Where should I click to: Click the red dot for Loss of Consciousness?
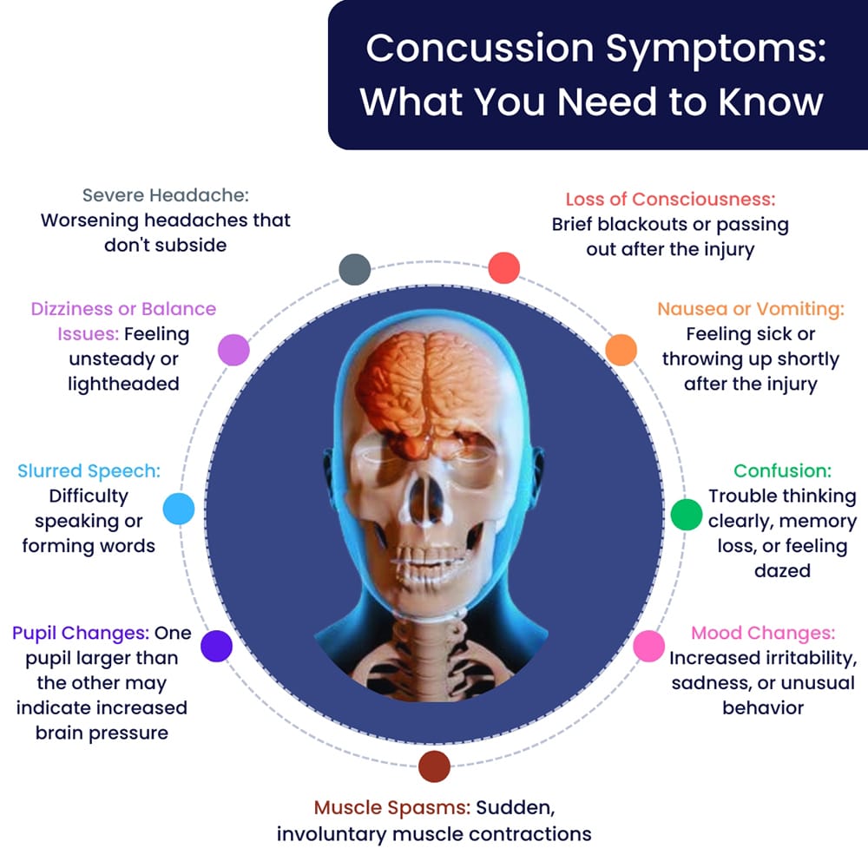pos(504,267)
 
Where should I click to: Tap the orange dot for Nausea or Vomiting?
pos(621,349)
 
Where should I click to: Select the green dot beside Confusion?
pos(686,515)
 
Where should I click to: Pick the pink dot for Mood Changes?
pos(648,647)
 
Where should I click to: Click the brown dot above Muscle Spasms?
pos(434,766)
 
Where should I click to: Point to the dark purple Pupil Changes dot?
pos(216,646)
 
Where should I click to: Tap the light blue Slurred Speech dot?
pos(179,509)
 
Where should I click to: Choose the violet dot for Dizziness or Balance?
pos(233,349)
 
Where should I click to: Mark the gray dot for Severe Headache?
pos(355,269)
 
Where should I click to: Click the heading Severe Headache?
pos(165,195)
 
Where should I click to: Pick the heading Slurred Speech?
pos(89,471)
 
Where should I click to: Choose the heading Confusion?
pos(782,471)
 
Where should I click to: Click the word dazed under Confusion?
pos(782,571)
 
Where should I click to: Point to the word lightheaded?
pos(123,383)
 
